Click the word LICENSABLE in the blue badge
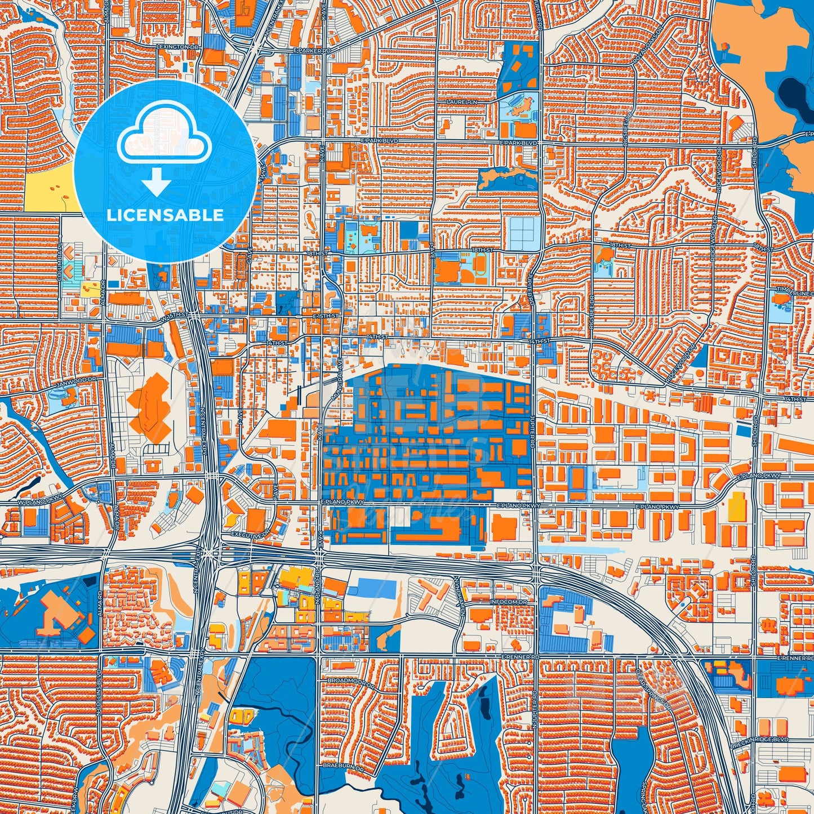click(x=164, y=215)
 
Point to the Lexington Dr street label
click(x=179, y=47)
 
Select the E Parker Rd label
click(x=311, y=51)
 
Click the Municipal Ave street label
click(x=337, y=379)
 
